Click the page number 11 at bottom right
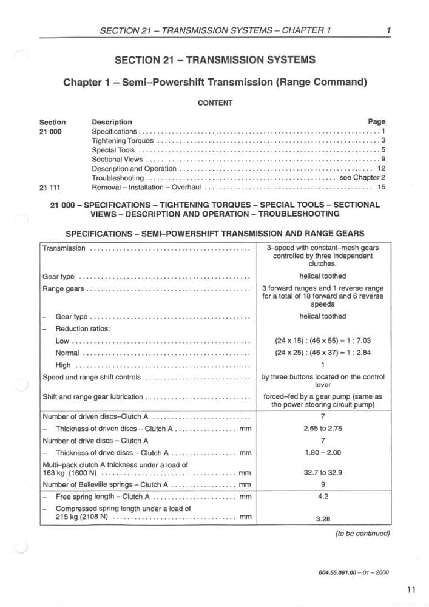tap(412, 589)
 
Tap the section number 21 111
tap(52, 188)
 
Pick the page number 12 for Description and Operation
tap(381, 169)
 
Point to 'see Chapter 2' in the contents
tap(362, 178)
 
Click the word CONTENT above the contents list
tap(215, 103)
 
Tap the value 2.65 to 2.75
tap(323, 429)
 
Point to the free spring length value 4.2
tap(323, 496)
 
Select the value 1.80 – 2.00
tap(323, 452)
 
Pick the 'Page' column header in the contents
tap(376, 122)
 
